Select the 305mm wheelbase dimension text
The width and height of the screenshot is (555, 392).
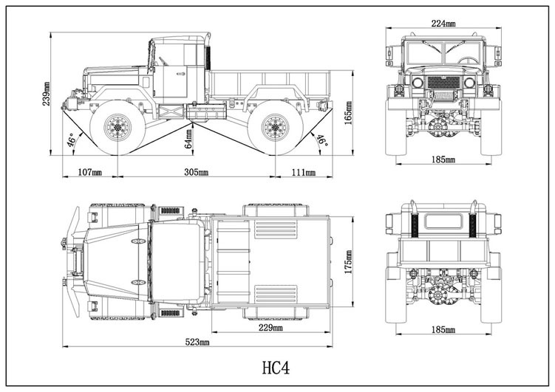pos(196,172)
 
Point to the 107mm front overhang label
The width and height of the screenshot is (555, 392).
pos(89,172)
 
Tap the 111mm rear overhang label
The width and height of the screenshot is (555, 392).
pos(302,172)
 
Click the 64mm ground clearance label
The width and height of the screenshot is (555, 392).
pos(189,139)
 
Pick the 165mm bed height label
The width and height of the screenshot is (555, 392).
pos(348,111)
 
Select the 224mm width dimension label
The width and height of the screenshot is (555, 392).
pos(443,23)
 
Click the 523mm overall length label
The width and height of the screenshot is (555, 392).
pos(197,342)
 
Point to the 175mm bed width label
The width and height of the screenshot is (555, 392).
pos(348,259)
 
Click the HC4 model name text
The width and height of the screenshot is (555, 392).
pos(278,367)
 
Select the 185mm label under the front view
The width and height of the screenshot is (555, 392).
pos(443,159)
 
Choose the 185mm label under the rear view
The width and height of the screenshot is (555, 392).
pos(443,330)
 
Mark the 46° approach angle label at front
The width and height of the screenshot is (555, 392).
pos(72,140)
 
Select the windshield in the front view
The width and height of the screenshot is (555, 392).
pos(443,54)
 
